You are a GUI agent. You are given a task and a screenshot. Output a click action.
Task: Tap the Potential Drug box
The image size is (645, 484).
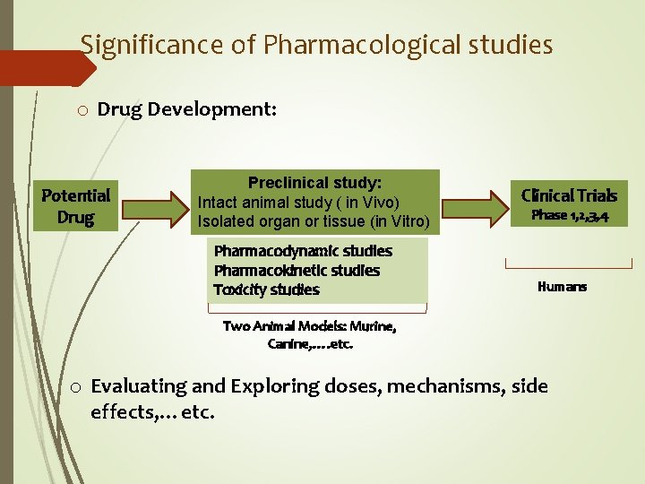[76, 206]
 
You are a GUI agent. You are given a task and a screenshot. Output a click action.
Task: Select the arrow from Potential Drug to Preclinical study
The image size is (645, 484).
[155, 204]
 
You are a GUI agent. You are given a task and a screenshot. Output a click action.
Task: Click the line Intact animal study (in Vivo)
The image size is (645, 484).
[298, 202]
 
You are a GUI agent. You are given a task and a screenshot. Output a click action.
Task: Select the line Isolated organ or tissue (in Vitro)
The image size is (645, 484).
[314, 221]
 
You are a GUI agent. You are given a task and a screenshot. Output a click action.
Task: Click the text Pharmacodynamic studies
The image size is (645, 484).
[303, 251]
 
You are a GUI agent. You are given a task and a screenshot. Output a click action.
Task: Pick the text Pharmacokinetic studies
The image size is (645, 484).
[297, 271]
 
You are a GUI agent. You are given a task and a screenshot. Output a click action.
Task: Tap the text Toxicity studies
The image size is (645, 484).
[266, 290]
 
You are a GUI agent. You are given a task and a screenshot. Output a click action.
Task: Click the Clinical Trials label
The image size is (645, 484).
[569, 195]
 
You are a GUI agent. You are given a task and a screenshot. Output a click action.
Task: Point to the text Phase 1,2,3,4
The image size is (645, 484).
[570, 215]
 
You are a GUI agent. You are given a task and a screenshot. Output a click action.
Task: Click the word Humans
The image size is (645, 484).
[562, 287]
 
